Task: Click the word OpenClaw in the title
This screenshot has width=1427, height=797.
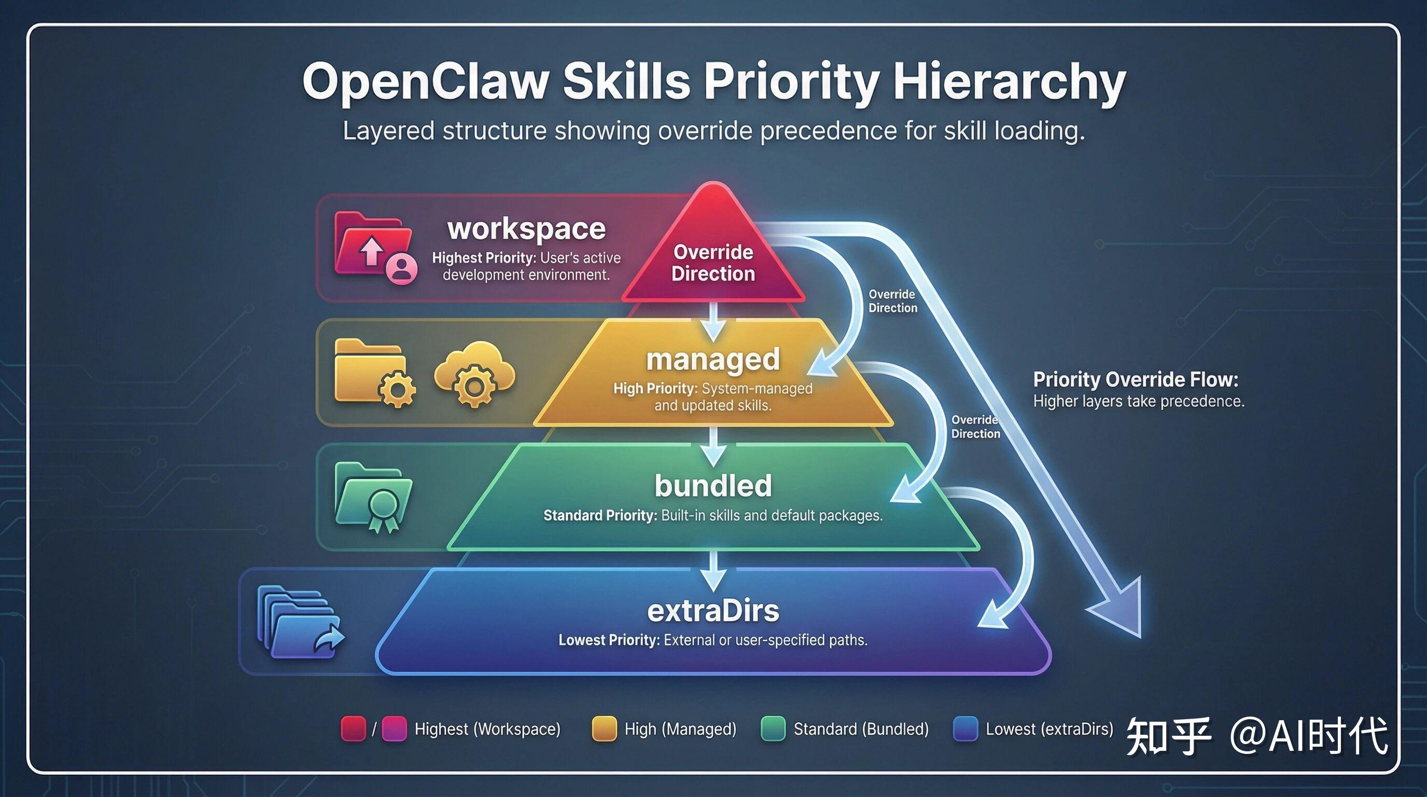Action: point(425,82)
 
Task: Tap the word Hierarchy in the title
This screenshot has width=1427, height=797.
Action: point(1009,82)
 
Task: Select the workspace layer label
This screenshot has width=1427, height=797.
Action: point(526,228)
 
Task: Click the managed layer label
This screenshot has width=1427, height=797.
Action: point(713,359)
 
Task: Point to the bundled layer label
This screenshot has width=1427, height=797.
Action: point(713,486)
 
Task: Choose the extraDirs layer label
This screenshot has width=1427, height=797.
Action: point(713,611)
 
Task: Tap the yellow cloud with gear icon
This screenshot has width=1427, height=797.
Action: point(474,374)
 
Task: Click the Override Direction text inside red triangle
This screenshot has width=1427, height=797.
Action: point(713,263)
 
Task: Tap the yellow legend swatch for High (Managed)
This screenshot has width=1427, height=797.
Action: point(604,729)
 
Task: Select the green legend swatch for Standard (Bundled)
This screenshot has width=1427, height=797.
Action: point(773,729)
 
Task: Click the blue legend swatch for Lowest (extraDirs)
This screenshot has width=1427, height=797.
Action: point(965,729)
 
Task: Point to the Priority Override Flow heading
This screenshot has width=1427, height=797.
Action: point(1135,380)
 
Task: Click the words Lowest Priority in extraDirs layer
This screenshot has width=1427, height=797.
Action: point(608,640)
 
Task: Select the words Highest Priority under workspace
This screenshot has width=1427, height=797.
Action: point(483,258)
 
